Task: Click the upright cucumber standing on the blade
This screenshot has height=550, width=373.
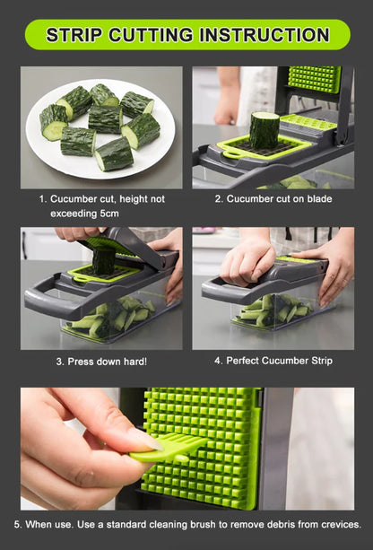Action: click(x=264, y=131)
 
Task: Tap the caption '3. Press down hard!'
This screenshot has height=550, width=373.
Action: click(x=101, y=362)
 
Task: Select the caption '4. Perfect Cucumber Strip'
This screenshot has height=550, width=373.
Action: click(x=273, y=361)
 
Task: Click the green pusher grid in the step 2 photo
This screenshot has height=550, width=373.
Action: click(x=314, y=79)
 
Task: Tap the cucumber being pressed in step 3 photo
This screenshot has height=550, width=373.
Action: click(x=104, y=261)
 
